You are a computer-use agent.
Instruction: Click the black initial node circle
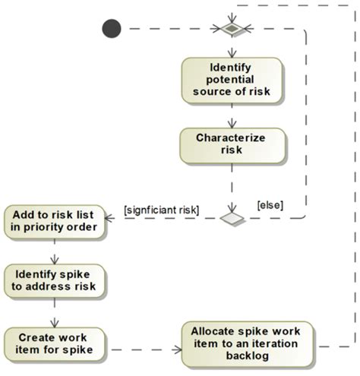112,29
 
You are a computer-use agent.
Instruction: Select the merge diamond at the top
231,29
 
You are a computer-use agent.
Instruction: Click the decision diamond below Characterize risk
231,218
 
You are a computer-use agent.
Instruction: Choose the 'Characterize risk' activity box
231,144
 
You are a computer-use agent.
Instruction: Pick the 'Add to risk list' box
53,220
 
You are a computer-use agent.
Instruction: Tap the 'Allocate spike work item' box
245,345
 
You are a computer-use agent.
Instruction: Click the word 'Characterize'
231,137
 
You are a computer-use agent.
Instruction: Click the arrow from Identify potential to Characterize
231,115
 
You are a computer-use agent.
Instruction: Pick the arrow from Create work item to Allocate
144,350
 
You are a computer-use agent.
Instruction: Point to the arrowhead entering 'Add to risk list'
108,218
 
